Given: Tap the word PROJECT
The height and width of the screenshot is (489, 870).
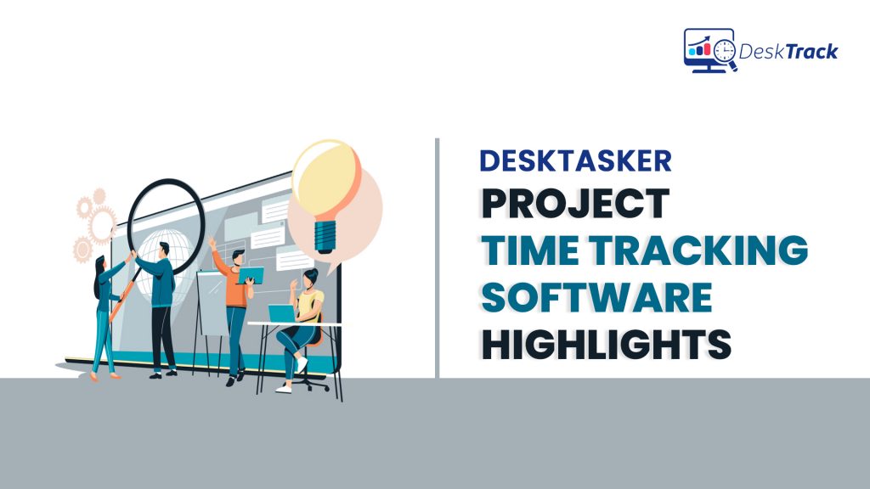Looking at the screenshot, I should point(574,205).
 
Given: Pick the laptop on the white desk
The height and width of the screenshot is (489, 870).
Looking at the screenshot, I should point(281,313).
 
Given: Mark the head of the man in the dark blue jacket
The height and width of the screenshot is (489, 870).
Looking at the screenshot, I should point(163,249).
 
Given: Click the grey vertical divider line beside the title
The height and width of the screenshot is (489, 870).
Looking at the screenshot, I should point(438,255).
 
